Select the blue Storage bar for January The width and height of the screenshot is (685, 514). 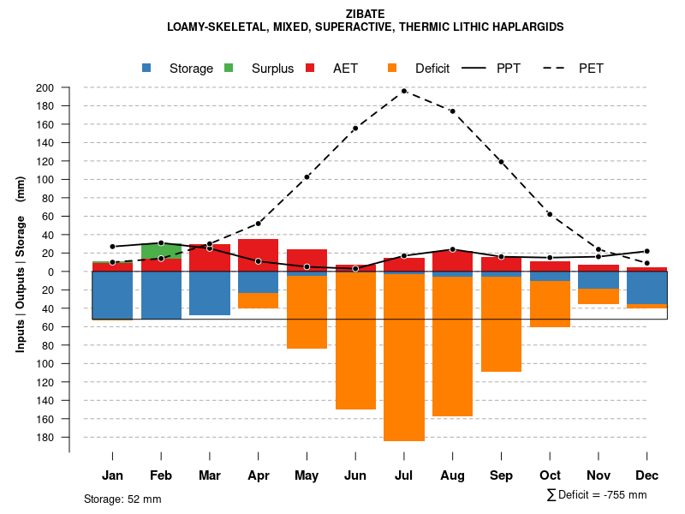[x=112, y=296]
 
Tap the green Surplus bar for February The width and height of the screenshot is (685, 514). [x=161, y=250]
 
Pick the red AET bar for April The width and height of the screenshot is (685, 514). [x=258, y=254]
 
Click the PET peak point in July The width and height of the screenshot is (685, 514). [x=404, y=91]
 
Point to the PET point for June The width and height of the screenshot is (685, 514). [x=355, y=128]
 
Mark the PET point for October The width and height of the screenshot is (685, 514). [x=550, y=214]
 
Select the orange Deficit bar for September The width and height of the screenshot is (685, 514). [x=501, y=324]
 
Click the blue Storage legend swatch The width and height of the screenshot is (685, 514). [x=147, y=69]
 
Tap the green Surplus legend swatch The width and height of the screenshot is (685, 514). [x=229, y=69]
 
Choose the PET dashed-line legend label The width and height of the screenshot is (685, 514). [x=591, y=69]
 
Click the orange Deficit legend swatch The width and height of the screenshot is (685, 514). [x=393, y=69]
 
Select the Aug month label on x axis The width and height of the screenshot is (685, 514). [x=452, y=475]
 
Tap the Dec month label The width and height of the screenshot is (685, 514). [x=647, y=475]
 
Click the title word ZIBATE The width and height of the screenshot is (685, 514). [x=365, y=14]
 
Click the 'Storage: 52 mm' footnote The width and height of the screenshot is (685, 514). [x=122, y=499]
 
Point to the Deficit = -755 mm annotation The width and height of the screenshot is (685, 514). [x=597, y=495]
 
